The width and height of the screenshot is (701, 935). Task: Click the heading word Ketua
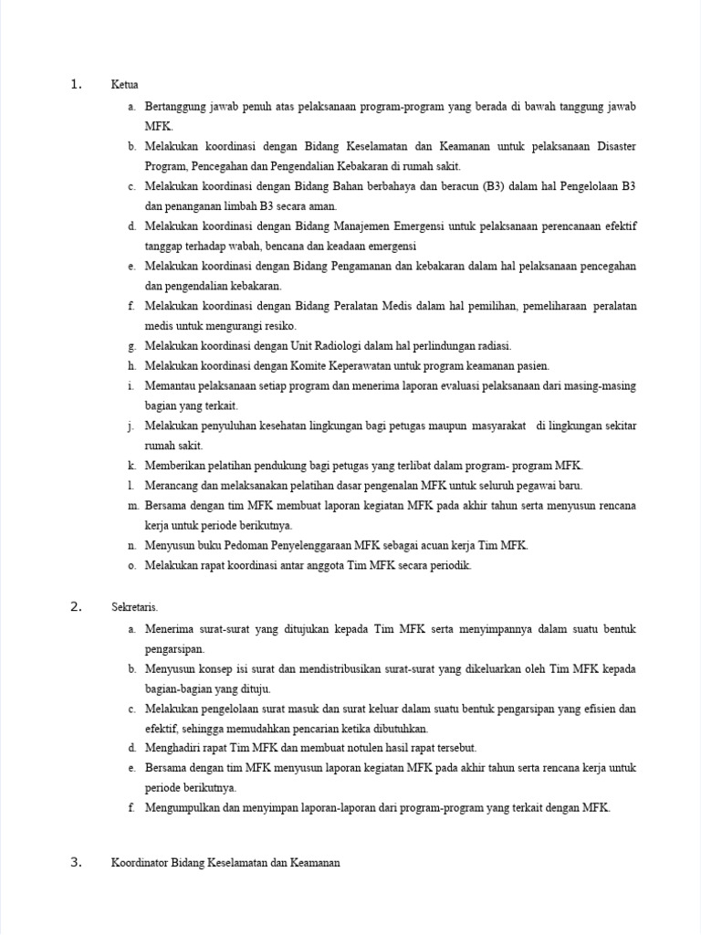tap(124, 86)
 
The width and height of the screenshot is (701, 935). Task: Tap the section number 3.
tap(76, 862)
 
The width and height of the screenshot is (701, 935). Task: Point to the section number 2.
tap(76, 607)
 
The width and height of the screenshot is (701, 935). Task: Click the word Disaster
tap(616, 146)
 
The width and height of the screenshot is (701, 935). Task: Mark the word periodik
tap(449, 565)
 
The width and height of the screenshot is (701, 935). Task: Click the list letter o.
tap(131, 565)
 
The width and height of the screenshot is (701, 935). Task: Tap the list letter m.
tap(131, 506)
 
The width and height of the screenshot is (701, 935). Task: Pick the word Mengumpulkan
tap(183, 808)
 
